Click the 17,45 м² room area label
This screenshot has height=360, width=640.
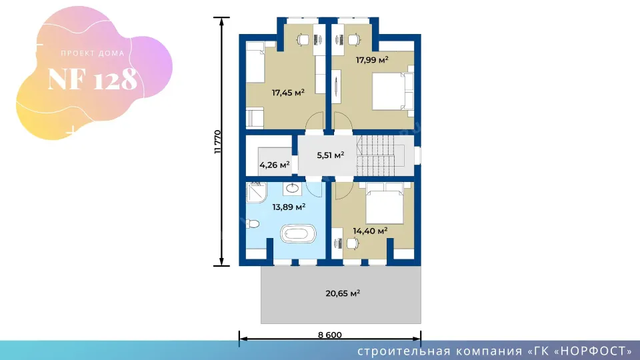click(288, 93)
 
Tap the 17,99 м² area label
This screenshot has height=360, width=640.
click(372, 60)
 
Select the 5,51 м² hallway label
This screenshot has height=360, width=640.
click(330, 155)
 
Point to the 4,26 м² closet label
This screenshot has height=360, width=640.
click(274, 165)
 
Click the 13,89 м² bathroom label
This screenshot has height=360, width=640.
click(289, 207)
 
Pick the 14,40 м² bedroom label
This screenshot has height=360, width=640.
click(370, 231)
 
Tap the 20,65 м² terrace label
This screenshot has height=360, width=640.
click(343, 293)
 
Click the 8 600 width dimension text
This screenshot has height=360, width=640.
click(330, 335)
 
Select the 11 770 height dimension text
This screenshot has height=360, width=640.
click(217, 141)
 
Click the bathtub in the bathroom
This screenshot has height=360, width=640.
click(298, 234)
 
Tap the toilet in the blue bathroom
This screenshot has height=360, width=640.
click(253, 224)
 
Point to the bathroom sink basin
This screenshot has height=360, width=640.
click(292, 188)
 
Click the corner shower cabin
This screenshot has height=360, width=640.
click(256, 192)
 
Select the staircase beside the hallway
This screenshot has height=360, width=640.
click(375, 155)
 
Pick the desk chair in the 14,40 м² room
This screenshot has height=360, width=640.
click(352, 244)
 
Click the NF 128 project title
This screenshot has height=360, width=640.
click(93, 79)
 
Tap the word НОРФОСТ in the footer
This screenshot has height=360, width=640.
click(593, 351)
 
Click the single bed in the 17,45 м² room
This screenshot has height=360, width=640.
click(255, 61)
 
